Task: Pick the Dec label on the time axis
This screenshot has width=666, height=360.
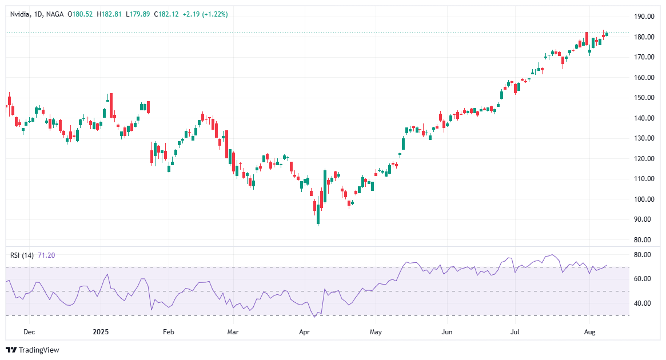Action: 30,331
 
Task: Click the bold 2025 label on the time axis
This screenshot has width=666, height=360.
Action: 100,331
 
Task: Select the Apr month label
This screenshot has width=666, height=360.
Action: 304,331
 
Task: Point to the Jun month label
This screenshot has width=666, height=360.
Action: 447,331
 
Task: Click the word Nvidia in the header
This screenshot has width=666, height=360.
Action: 20,14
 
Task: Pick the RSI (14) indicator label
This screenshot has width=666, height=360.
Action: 22,255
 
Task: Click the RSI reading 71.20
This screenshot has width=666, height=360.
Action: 46,255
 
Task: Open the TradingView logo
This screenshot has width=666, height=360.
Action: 33,350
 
